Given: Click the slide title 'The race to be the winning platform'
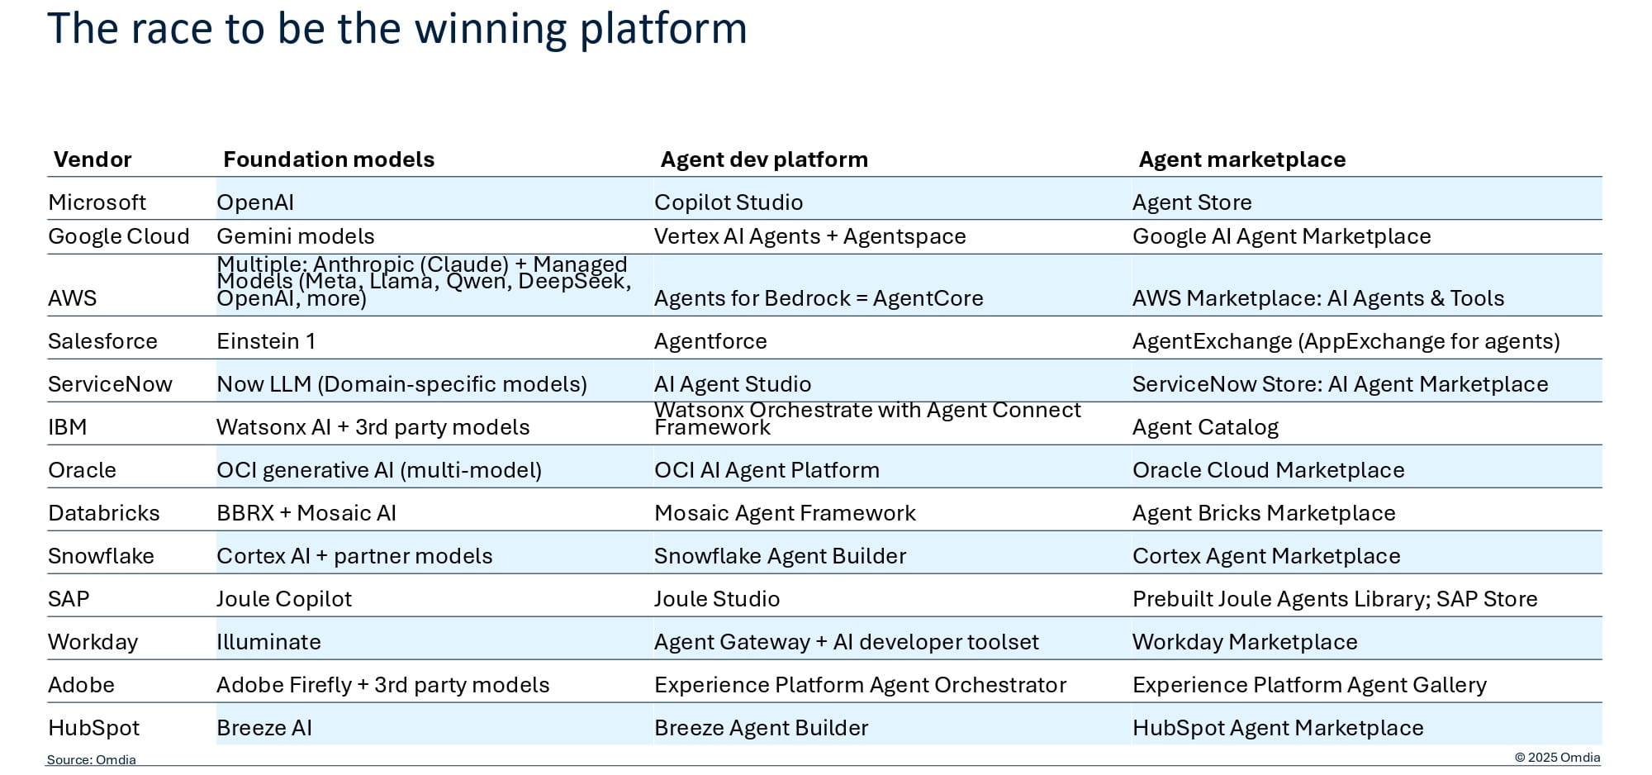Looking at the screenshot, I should pyautogui.click(x=397, y=29).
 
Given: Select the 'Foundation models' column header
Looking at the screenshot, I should pyautogui.click(x=329, y=159).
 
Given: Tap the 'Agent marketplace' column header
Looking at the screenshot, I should pyautogui.click(x=1241, y=159).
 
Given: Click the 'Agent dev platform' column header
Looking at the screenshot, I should pyautogui.click(x=764, y=159).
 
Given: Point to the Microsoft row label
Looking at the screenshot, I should pyautogui.click(x=97, y=202).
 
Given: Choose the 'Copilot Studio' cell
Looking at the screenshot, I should pyautogui.click(x=728, y=202).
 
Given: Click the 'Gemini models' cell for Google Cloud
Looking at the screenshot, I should pyautogui.click(x=295, y=236).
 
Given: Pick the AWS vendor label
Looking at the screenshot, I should pyautogui.click(x=73, y=298).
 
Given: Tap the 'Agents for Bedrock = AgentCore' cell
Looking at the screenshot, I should pyautogui.click(x=818, y=298).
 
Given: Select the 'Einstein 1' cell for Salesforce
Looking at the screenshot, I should pyautogui.click(x=266, y=341).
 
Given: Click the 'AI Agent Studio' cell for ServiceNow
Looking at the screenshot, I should pyautogui.click(x=732, y=384).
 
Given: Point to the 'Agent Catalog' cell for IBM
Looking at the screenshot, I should pyautogui.click(x=1204, y=427).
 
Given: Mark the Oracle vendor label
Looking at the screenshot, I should pyautogui.click(x=82, y=470).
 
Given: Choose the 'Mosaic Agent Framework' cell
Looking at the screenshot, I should pyautogui.click(x=785, y=513).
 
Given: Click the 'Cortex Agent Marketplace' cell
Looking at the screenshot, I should pyautogui.click(x=1265, y=556).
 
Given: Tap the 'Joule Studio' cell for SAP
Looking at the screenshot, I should pyautogui.click(x=716, y=599).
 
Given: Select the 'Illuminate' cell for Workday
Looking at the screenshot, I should pyautogui.click(x=268, y=642).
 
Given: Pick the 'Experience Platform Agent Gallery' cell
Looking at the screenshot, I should pyautogui.click(x=1308, y=685).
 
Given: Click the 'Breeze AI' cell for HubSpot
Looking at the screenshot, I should pyautogui.click(x=264, y=728).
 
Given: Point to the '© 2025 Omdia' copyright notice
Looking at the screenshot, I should pyautogui.click(x=1557, y=758).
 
